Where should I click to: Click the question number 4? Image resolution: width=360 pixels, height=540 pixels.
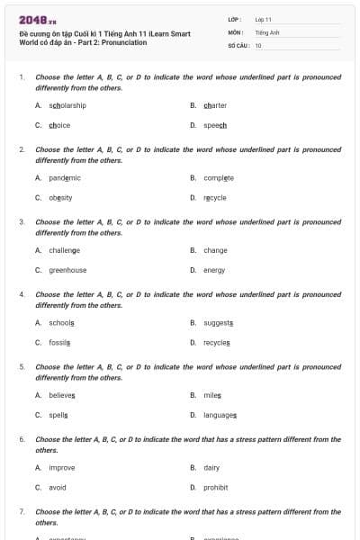(x=22, y=294)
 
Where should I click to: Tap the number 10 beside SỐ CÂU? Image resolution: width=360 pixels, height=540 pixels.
(x=258, y=44)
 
